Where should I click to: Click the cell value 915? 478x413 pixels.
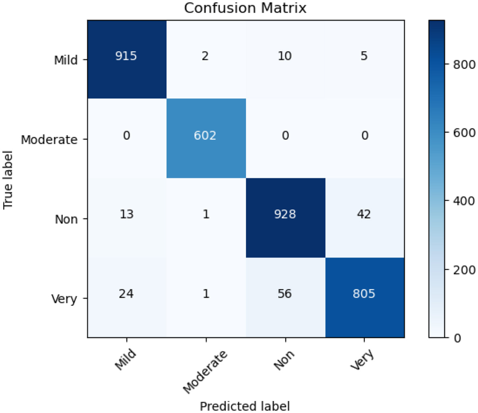point(126,56)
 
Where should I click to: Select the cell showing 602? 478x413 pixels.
point(205,135)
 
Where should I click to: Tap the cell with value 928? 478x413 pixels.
point(285,214)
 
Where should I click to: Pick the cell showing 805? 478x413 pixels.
point(364,293)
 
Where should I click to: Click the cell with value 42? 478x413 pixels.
point(364,214)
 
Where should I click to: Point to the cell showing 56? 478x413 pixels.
point(285,293)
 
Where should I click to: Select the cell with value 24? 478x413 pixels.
point(126,293)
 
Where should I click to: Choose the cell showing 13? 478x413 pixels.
point(126,214)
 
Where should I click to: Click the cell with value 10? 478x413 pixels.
point(285,56)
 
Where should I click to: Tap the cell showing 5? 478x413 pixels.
point(364,56)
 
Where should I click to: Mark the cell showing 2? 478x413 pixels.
point(205,56)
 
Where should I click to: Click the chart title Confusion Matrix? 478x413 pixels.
point(245,8)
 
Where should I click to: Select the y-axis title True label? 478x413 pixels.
point(8,180)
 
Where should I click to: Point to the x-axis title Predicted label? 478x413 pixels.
point(245,406)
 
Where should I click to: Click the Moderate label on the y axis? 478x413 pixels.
point(49,139)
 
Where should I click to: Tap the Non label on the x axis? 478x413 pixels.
point(284,360)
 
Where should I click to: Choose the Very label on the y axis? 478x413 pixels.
point(64,299)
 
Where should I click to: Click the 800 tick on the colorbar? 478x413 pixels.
point(464,64)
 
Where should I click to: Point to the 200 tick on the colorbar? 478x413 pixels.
point(464,270)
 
